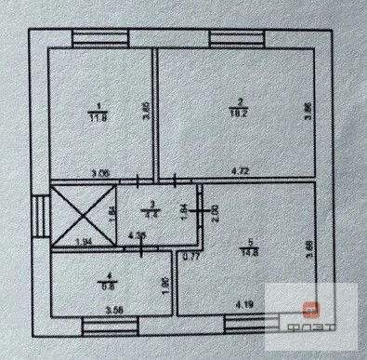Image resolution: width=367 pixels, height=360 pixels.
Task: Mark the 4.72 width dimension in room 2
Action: click(243, 171)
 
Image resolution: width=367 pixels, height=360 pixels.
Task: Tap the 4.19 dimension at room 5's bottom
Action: click(244, 304)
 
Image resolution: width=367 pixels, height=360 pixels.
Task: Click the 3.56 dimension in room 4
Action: click(114, 310)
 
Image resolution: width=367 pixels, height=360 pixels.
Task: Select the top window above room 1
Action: click(95, 38)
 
